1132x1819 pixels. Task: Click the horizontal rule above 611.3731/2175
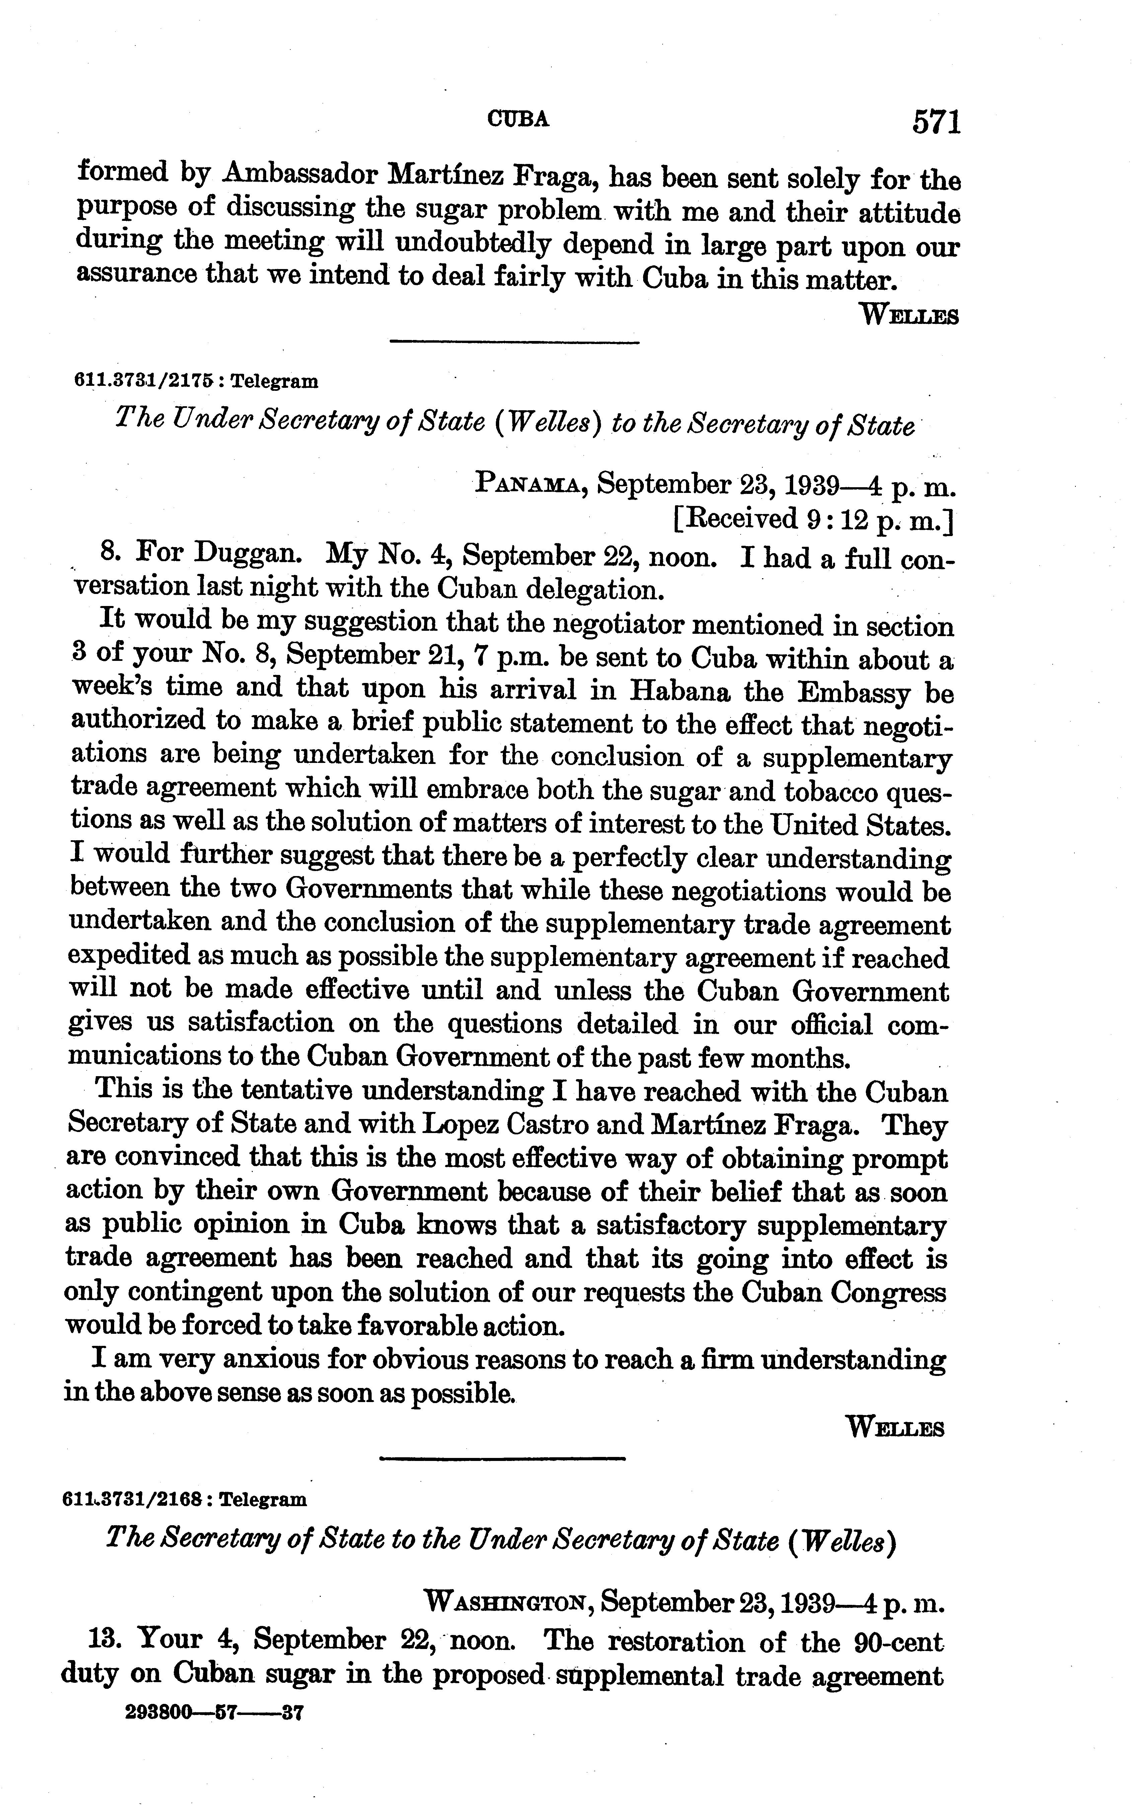(515, 343)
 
